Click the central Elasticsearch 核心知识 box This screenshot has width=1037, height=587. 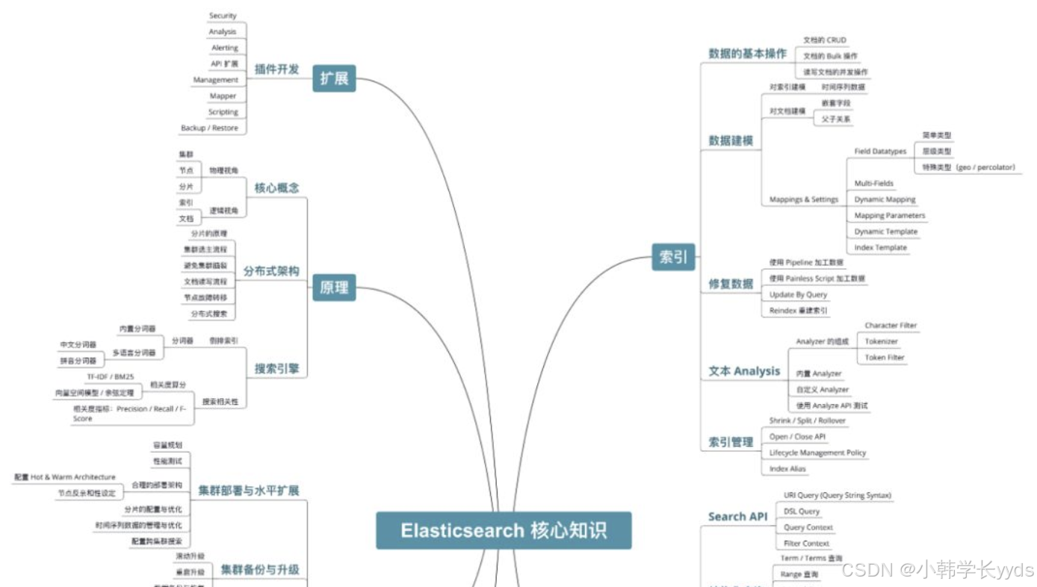[x=504, y=531]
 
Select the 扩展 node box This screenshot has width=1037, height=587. [x=334, y=78]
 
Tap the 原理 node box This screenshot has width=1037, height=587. [x=334, y=287]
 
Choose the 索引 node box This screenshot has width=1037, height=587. [x=672, y=257]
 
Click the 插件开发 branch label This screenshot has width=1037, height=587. [x=276, y=69]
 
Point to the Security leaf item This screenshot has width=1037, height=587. [x=223, y=16]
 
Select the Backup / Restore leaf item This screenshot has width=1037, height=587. [x=209, y=128]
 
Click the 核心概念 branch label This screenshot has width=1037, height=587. [x=276, y=187]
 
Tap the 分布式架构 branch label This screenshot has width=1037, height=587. [x=271, y=271]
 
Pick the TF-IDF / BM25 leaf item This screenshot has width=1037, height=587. [x=111, y=377]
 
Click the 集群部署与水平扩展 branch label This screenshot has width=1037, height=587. [x=249, y=491]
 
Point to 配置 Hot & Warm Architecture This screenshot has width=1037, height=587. [x=65, y=477]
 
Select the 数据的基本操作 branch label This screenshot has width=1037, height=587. [x=747, y=54]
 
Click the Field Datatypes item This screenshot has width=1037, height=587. [x=880, y=152]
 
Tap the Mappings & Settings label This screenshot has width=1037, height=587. [x=804, y=199]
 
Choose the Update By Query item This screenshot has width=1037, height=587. [x=798, y=295]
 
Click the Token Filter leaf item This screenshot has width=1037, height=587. [x=885, y=358]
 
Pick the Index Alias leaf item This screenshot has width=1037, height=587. [x=787, y=469]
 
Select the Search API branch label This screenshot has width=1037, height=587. [x=737, y=517]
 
